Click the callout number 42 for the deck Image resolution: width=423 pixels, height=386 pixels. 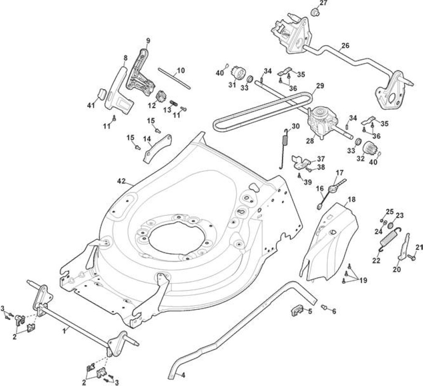(x=121, y=181)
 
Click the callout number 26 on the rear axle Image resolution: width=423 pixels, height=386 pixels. (x=345, y=45)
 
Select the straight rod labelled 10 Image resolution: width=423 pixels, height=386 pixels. (x=174, y=79)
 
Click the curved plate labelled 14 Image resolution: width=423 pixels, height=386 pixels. (x=157, y=148)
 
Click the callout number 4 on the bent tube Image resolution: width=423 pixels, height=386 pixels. (x=183, y=375)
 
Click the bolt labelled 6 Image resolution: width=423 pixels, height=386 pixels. (x=324, y=307)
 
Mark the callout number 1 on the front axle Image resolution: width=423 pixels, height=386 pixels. (x=64, y=331)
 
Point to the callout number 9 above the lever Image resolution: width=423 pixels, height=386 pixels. (x=148, y=41)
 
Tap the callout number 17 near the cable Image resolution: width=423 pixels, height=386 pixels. (x=339, y=172)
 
